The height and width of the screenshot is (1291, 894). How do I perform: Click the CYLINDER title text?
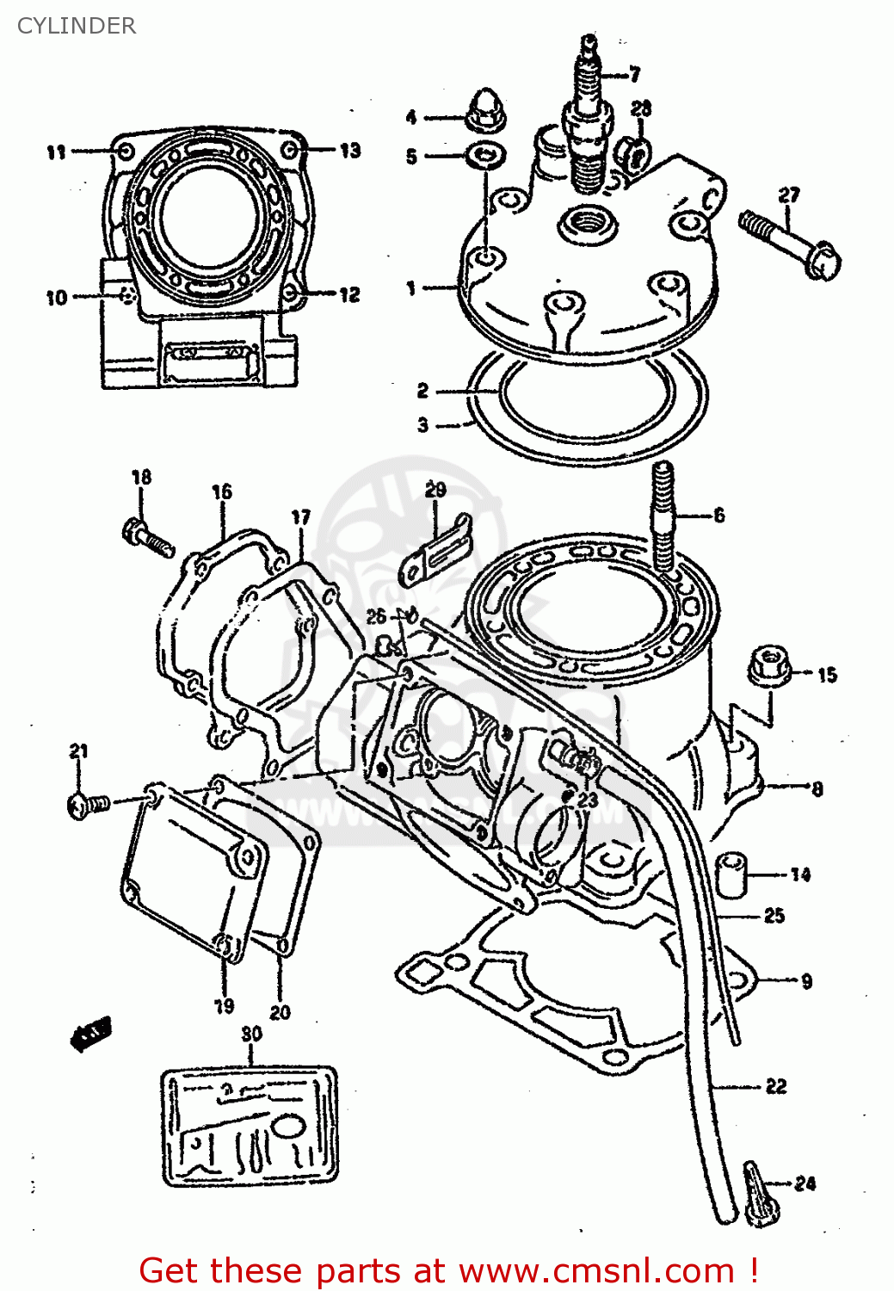(76, 26)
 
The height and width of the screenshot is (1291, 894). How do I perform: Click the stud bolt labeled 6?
(663, 516)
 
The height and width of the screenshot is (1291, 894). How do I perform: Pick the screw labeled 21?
(87, 806)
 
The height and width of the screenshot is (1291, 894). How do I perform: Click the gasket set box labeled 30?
(250, 1127)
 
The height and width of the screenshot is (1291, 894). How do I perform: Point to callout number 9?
(806, 981)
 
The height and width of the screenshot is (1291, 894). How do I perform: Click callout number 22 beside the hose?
(776, 1086)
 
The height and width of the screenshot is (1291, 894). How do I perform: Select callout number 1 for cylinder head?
(411, 288)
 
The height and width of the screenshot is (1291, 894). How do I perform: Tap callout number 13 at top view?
(350, 151)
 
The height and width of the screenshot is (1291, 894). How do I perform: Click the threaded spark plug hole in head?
(588, 222)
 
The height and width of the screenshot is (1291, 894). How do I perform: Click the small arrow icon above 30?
(91, 1033)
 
